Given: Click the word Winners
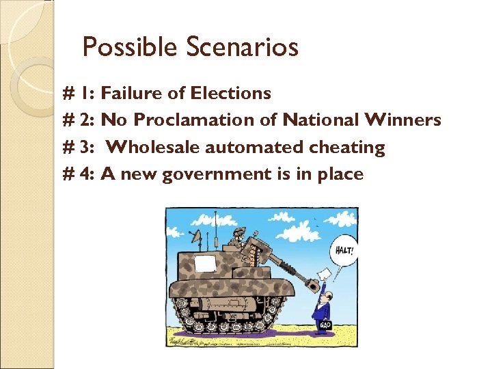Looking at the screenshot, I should tap(403, 120).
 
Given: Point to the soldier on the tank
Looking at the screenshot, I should tap(236, 236).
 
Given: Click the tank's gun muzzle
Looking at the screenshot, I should tap(316, 279).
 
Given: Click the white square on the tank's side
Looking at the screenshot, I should tap(204, 264).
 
